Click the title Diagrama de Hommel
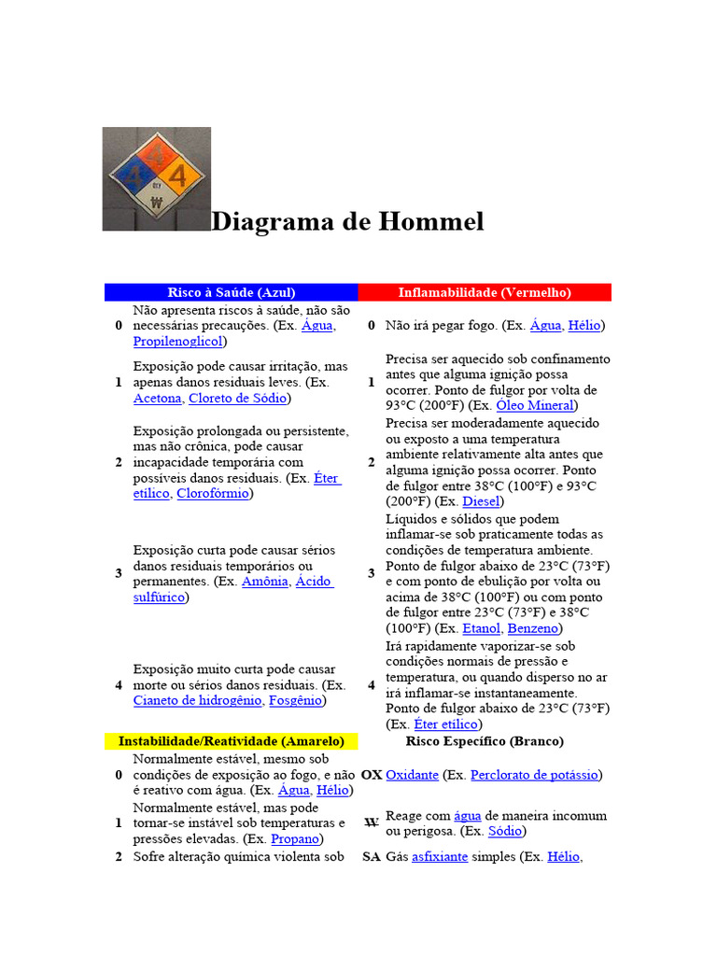click(x=347, y=222)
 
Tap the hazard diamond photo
click(x=156, y=178)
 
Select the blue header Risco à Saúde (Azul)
click(x=231, y=292)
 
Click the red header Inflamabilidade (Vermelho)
click(x=485, y=292)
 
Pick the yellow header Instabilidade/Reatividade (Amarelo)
click(x=231, y=741)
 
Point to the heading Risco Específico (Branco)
click(x=485, y=741)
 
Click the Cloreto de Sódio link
click(x=238, y=399)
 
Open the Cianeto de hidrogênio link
click(x=198, y=700)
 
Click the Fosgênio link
click(x=295, y=700)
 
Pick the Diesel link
click(x=482, y=501)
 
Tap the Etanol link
click(x=482, y=629)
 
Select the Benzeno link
click(x=533, y=629)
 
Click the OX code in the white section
click(x=371, y=775)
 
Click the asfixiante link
click(x=440, y=856)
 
